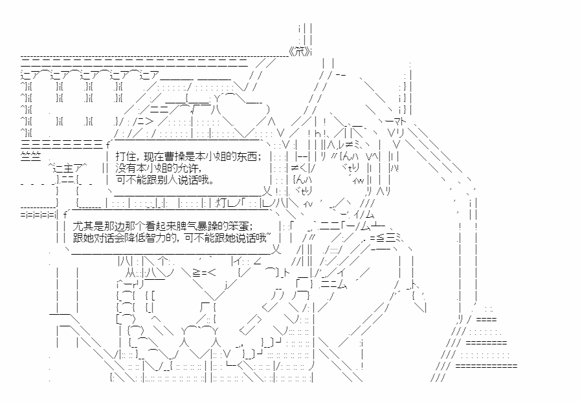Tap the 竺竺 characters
coord(30,156)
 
